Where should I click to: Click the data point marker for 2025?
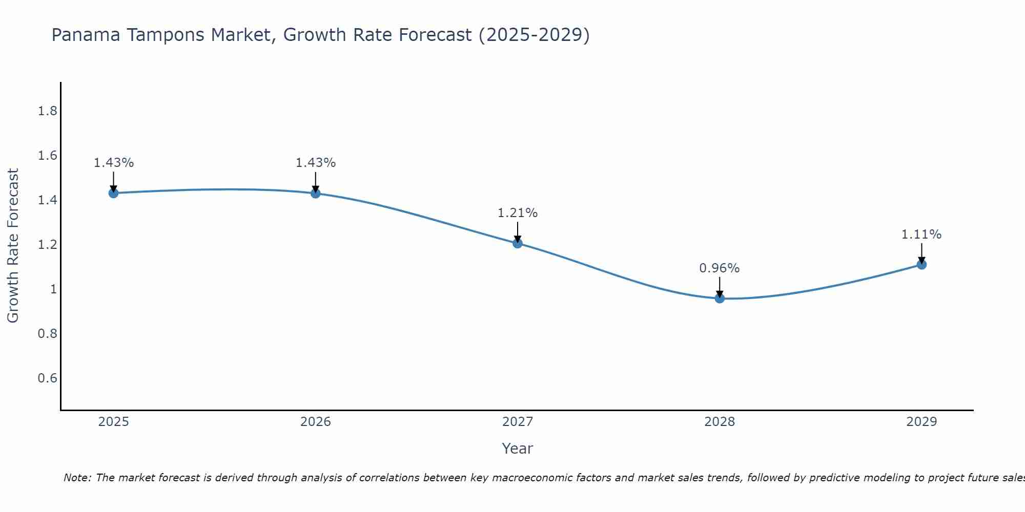pyautogui.click(x=114, y=193)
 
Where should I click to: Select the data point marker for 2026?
pyautogui.click(x=316, y=193)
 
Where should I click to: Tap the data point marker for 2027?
pyautogui.click(x=518, y=243)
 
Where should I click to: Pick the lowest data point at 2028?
pyautogui.click(x=720, y=298)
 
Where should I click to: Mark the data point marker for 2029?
pyautogui.click(x=921, y=265)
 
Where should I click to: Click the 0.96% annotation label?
pyautogui.click(x=719, y=268)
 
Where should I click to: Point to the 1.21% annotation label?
pyautogui.click(x=517, y=213)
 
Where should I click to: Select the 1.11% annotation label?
pyautogui.click(x=921, y=234)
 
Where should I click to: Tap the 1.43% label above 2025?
pyautogui.click(x=113, y=163)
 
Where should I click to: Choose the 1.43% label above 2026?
pyautogui.click(x=315, y=163)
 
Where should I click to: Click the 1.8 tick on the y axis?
pyautogui.click(x=47, y=111)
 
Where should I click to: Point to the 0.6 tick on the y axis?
pyautogui.click(x=47, y=378)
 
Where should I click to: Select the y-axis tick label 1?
pyautogui.click(x=53, y=289)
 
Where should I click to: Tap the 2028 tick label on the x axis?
pyautogui.click(x=720, y=422)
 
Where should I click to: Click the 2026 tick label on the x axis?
pyautogui.click(x=316, y=422)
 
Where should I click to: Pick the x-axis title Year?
pyautogui.click(x=517, y=449)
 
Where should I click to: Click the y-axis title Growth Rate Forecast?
pyautogui.click(x=13, y=246)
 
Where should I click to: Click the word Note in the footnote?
pyautogui.click(x=77, y=478)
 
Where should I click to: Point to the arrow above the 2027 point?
pyautogui.click(x=518, y=231)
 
